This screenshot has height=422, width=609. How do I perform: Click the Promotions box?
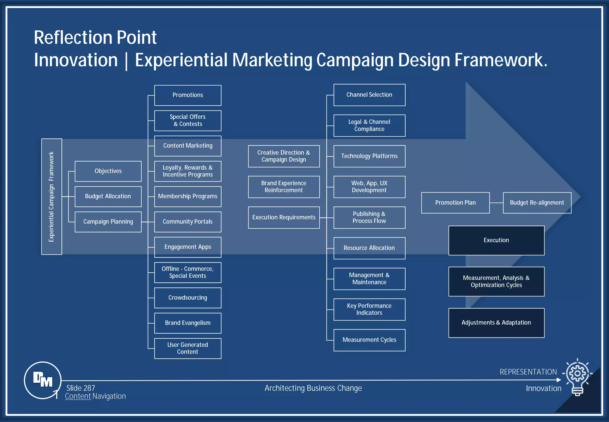coord(188,95)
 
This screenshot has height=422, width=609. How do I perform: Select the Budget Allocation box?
coord(108,196)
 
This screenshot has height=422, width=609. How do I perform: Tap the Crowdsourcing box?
coord(188,298)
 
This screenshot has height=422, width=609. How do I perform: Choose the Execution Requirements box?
coord(284,218)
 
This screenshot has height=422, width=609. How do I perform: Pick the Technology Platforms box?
coord(369,156)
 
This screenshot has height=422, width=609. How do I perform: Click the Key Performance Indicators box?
coord(369,310)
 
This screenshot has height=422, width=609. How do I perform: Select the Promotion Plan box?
coord(455,203)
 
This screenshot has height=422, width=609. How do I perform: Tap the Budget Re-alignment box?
coord(537,203)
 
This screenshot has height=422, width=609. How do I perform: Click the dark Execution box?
coord(496,240)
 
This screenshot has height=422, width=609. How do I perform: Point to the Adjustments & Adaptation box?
coord(496,323)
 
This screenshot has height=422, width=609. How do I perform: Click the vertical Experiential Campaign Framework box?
coord(52,196)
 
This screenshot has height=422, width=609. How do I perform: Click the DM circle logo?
coord(43,380)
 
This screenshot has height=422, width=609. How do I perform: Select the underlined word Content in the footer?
coord(78,396)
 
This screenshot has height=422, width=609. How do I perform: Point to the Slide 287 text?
coord(81,388)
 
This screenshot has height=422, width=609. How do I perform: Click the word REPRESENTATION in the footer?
coord(528,372)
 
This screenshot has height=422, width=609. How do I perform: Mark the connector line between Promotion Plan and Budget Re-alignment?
coord(496,203)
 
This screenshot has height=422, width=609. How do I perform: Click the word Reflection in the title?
coord(73,37)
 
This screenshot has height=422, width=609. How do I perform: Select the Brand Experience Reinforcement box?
coord(284,187)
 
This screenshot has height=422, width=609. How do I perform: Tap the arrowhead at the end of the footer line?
coord(559,380)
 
